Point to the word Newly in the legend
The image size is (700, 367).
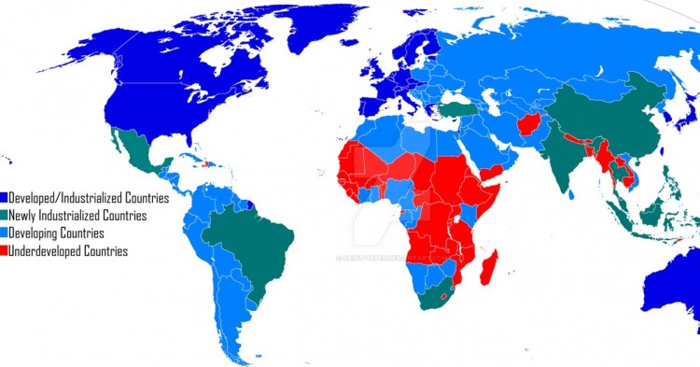coord(26,216)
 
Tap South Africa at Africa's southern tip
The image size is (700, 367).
coord(435,298)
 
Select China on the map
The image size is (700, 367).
coord(597,117)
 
